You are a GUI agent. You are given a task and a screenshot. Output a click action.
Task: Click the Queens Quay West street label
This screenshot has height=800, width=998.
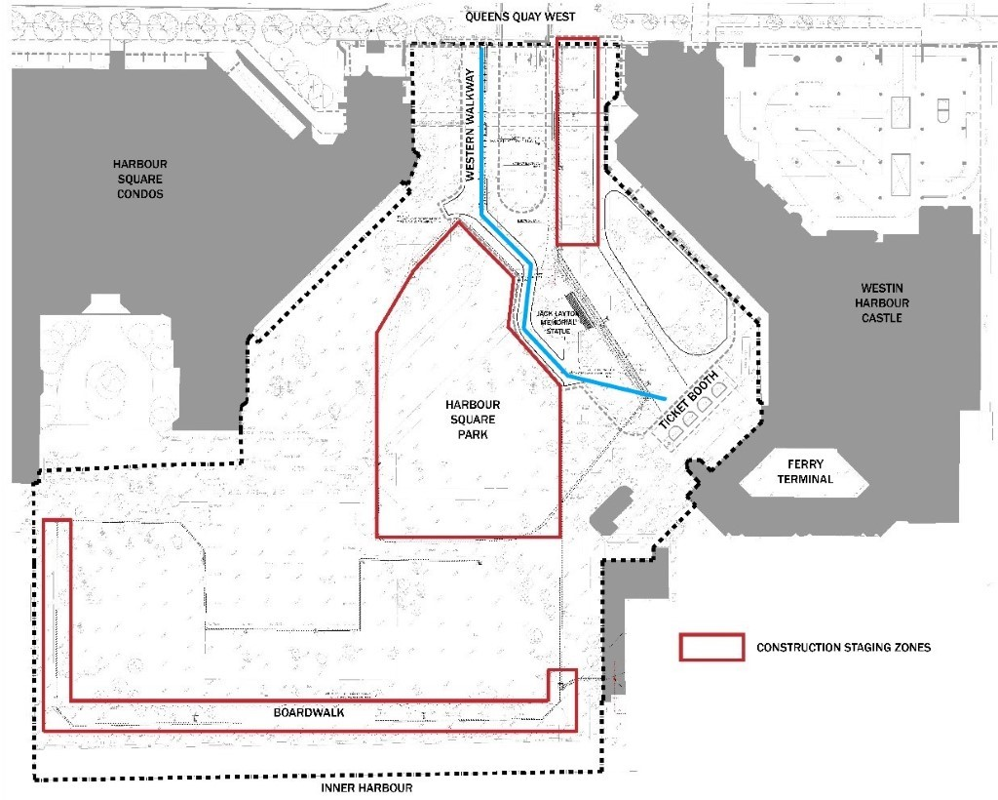point(520,17)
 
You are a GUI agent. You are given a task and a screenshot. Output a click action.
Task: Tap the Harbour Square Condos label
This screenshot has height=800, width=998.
point(140,179)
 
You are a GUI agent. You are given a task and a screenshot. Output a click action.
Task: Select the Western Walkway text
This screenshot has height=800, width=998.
point(471,126)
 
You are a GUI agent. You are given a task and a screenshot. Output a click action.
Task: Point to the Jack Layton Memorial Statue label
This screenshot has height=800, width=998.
point(557,322)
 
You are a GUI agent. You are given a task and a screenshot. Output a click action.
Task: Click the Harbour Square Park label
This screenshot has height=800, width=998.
point(473,420)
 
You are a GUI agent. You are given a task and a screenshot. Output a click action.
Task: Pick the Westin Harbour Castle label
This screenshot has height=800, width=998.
point(881,302)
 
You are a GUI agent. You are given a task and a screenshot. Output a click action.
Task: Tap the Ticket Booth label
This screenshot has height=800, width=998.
point(689,400)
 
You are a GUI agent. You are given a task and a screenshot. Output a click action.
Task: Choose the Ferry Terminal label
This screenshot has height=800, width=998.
point(805,471)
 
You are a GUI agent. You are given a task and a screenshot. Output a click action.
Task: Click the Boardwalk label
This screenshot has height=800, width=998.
point(309,712)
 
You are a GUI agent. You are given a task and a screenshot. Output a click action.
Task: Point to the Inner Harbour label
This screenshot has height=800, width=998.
point(366,788)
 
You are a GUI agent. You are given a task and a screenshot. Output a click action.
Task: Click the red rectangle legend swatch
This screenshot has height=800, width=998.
point(711,647)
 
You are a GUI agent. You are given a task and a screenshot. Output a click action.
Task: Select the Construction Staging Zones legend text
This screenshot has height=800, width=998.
point(843,648)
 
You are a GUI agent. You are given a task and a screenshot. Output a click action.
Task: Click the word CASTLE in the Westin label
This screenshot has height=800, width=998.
point(881,317)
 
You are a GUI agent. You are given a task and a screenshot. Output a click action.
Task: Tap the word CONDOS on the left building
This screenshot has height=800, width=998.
point(140,193)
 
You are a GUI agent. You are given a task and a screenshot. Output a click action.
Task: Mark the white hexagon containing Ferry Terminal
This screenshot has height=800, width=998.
point(804,472)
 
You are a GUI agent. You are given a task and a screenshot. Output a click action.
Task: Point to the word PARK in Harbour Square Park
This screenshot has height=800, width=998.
point(473,434)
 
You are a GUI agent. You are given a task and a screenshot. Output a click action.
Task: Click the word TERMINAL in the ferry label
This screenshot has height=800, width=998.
point(805,479)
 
